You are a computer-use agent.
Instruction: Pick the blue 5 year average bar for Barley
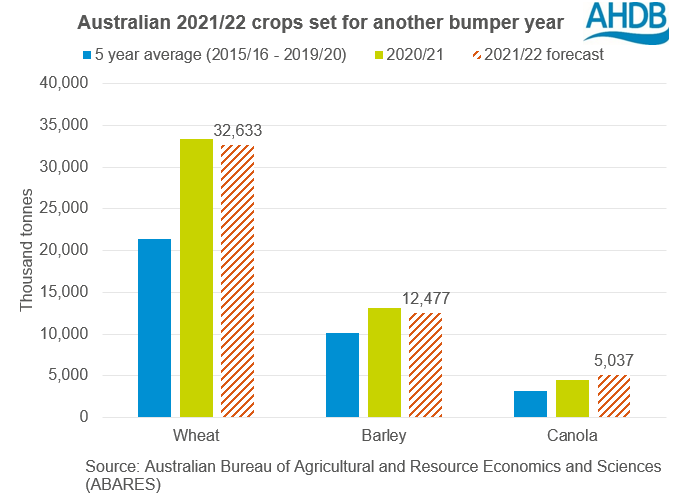pos(343,375)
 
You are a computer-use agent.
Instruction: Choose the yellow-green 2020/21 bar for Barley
pos(384,362)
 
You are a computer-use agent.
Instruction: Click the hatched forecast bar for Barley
pos(425,365)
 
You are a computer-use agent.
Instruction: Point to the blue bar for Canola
pos(531,404)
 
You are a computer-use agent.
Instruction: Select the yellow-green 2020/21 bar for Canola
pos(572,398)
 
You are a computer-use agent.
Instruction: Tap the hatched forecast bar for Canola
pos(613,396)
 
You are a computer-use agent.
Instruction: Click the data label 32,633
pos(237,131)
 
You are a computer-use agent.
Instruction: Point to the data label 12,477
pos(426,299)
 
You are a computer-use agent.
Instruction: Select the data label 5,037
pos(614,361)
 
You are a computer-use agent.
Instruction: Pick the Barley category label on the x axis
pos(384,437)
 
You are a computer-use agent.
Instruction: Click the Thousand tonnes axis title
pos(27,250)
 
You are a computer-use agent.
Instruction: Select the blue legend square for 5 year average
pos(88,54)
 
